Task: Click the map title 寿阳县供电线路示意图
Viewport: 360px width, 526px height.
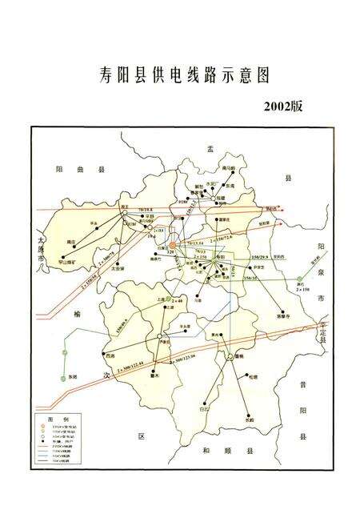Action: point(180,75)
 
